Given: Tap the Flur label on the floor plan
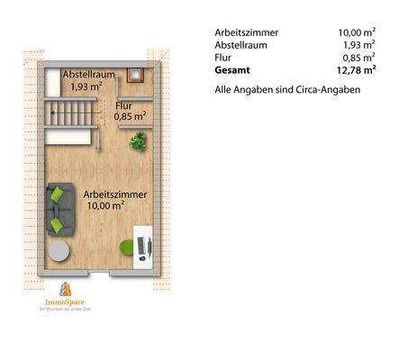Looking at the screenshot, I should click(124, 106).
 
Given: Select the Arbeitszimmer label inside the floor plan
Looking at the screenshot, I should click(114, 193).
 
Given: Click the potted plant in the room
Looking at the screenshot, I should click(138, 140).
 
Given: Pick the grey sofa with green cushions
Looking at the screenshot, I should click(60, 208).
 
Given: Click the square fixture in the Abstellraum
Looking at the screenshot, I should click(135, 76).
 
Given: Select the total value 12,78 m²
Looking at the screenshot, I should click(357, 68).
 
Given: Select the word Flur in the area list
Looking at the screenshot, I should click(224, 57).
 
